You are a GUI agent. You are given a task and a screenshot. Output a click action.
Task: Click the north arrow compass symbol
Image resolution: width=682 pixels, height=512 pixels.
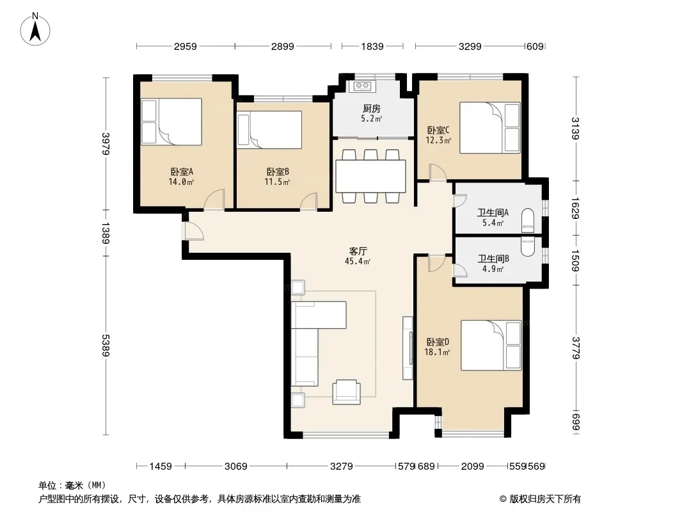pos(35,29)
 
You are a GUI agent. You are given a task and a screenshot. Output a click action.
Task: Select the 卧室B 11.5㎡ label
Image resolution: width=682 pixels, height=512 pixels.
pos(278,177)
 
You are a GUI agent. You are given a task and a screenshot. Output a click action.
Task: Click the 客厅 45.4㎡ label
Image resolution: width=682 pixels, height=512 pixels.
pos(358,256)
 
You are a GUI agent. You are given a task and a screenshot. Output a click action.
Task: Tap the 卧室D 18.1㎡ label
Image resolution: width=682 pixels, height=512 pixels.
pos(438,347)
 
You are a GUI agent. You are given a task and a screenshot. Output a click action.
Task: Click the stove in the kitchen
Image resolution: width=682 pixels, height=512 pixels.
pos(362,86)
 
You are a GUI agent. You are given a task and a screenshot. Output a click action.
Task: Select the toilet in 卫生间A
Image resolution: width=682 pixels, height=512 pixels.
pos(528,219)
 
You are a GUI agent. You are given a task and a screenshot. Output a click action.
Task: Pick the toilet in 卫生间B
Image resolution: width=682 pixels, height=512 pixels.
pos(528,246)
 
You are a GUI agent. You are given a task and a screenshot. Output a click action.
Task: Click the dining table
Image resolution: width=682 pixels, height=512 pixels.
pos(371,176)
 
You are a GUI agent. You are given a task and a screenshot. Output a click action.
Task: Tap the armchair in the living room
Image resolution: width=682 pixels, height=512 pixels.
pos(346,392)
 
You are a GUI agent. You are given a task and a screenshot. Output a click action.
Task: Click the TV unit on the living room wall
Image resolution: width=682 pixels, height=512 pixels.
pos(408,348)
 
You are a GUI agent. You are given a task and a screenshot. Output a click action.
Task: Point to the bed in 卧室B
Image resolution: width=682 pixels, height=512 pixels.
pos(269,130)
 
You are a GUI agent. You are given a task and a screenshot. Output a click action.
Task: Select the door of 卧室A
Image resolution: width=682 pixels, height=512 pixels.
pos(214,200)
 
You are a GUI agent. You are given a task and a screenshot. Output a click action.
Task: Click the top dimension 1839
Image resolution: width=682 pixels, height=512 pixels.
pos(372,46)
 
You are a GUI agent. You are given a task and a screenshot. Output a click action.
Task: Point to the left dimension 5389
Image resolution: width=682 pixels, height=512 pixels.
pos(106,345)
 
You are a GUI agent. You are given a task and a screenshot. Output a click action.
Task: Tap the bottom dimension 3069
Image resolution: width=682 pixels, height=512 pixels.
pos(235,467)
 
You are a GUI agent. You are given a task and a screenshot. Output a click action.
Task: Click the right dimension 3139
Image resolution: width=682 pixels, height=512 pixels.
pos(575,129)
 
